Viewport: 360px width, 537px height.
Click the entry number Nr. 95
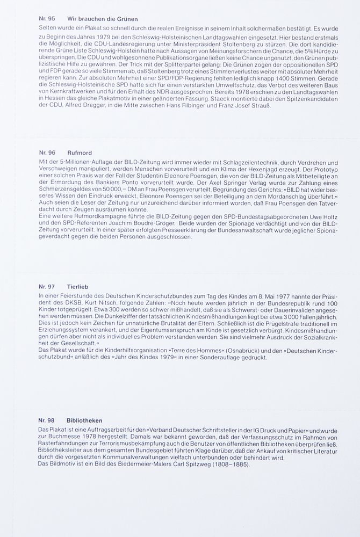click(x=47, y=19)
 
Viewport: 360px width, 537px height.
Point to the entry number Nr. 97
click(x=47, y=287)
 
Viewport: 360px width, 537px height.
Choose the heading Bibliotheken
click(x=84, y=420)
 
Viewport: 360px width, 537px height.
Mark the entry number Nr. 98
click(x=47, y=420)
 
